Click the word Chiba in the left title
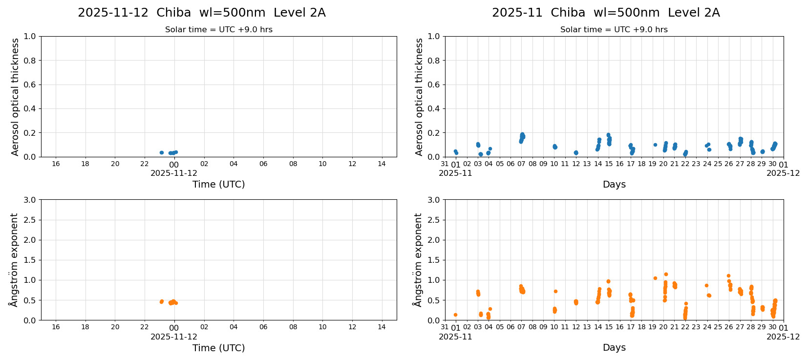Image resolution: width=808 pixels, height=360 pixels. click(x=173, y=13)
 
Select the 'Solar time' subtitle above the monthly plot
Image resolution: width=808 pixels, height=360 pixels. click(x=614, y=30)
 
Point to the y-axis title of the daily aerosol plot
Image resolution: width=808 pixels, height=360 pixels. click(x=15, y=97)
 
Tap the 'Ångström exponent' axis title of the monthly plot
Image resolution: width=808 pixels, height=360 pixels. click(x=418, y=260)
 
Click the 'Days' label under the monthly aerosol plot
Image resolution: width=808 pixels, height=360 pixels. click(x=614, y=185)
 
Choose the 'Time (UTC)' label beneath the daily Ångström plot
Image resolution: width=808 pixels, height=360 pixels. click(x=218, y=348)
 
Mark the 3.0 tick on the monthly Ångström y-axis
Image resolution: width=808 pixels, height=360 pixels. click(x=433, y=200)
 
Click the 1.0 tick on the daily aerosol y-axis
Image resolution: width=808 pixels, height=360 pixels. click(x=29, y=37)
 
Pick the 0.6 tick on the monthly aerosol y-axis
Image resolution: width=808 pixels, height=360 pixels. click(x=433, y=85)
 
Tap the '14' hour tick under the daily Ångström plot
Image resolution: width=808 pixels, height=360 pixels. click(x=382, y=327)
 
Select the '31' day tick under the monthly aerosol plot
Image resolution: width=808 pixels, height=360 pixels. click(x=445, y=164)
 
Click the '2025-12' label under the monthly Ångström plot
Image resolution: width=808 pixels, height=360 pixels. click(x=783, y=337)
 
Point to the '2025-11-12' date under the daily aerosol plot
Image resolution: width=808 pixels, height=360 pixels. click(x=174, y=173)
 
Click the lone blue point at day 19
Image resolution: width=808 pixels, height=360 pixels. click(x=655, y=145)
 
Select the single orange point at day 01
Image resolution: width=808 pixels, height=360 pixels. click(x=455, y=315)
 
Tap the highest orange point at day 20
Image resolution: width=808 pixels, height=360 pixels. click(x=666, y=275)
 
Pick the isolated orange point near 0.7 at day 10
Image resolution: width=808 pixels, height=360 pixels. click(x=555, y=291)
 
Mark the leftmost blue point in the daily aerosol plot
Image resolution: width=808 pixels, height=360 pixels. click(x=162, y=152)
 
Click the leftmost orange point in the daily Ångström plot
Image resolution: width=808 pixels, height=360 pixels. click(x=161, y=302)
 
